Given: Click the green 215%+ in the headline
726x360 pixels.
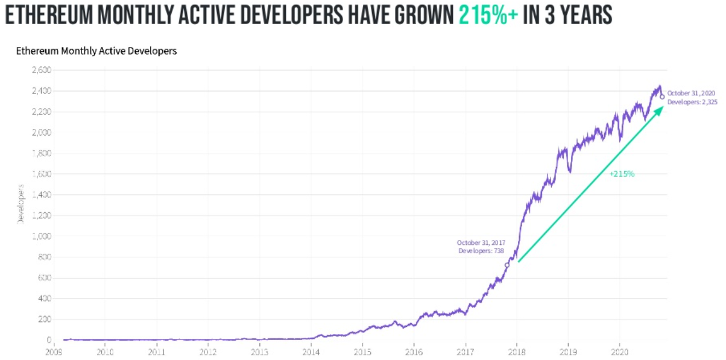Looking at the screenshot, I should coord(488,15).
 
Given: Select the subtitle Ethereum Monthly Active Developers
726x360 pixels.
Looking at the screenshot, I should coord(96,51).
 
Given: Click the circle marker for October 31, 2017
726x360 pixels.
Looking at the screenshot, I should coord(507,265).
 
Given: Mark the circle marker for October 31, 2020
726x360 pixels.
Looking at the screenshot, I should coord(662,96).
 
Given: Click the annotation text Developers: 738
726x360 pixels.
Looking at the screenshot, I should coord(481,250).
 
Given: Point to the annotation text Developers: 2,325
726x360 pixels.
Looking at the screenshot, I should coord(692,103).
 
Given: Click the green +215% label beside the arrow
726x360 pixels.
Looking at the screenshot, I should coord(621,174).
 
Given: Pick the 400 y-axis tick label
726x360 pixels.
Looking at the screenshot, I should coord(42,298).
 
